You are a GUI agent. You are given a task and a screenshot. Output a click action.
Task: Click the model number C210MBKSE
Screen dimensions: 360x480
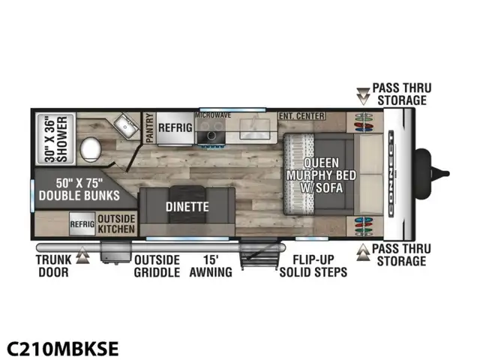[63, 348]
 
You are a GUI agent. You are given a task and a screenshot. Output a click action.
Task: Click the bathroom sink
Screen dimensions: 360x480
[124, 127]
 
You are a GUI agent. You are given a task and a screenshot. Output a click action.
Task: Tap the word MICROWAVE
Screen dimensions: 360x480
[214, 115]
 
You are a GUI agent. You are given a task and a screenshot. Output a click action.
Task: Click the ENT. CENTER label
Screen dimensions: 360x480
[301, 116]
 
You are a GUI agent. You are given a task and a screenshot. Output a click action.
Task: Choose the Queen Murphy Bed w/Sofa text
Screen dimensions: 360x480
[322, 175]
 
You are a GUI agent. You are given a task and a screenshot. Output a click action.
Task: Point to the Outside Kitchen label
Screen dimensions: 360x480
[116, 223]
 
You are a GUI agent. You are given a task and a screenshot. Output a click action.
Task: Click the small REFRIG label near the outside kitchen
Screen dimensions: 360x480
[82, 223]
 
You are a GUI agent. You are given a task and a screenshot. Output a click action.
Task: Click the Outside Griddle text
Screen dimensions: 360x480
[157, 265]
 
